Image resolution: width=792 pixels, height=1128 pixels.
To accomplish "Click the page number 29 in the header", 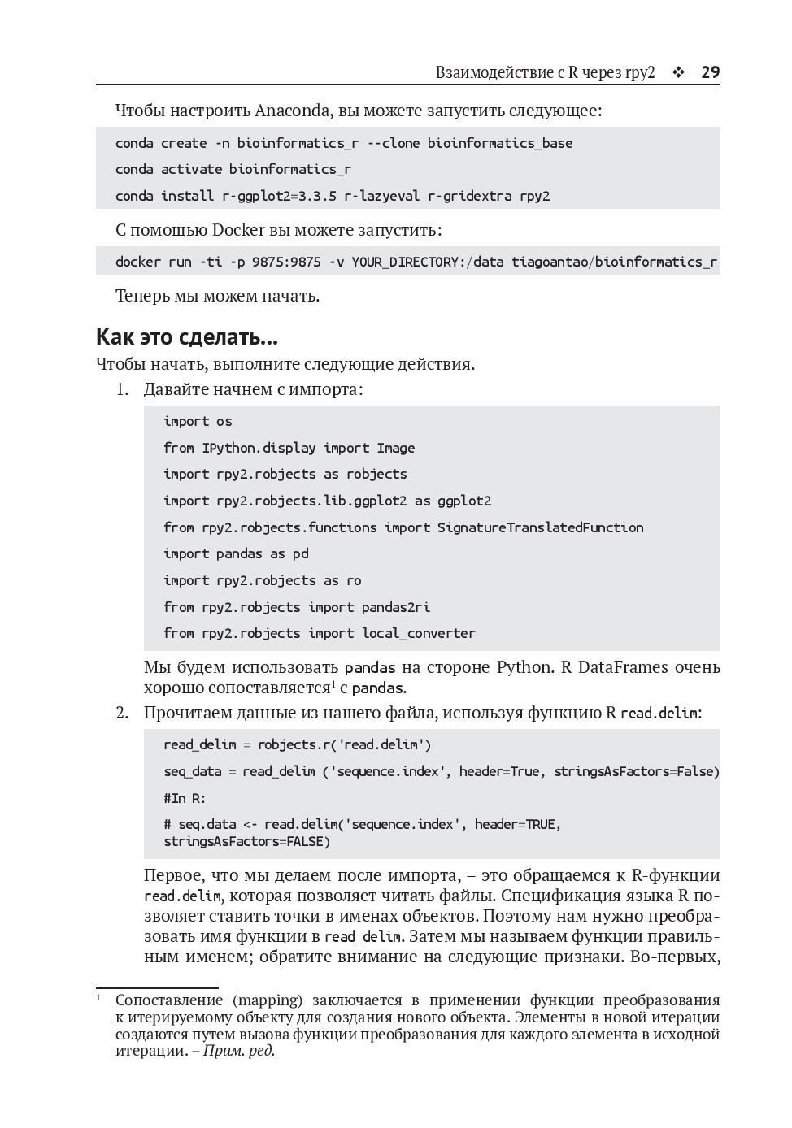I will tap(710, 72).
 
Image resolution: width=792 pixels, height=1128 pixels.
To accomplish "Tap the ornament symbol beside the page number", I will tap(678, 72).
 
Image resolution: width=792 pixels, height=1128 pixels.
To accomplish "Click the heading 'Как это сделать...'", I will tap(187, 336).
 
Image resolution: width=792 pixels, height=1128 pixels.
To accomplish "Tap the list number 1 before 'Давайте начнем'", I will tap(122, 389).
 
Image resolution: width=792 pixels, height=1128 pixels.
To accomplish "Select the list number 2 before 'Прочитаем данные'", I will tap(122, 714).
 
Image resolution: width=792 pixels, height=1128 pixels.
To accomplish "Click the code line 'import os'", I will tap(198, 421).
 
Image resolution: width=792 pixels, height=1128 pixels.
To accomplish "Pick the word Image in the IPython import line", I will tap(396, 448).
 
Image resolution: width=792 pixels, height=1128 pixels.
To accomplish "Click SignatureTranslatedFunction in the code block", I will tap(540, 527).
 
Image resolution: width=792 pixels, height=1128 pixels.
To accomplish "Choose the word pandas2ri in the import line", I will tap(396, 607).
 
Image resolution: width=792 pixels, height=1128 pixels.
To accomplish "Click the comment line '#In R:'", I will tap(185, 798).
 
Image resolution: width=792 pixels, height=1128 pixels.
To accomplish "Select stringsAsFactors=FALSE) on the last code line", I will tap(247, 841).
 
